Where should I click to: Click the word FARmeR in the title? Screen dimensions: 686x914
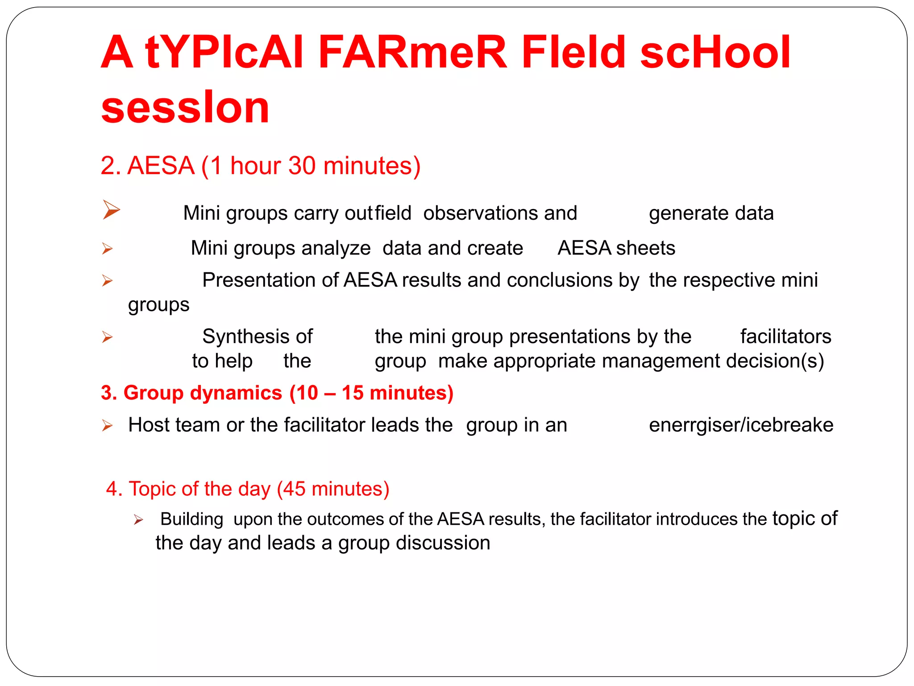(412, 53)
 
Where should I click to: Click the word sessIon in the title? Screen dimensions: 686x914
(185, 108)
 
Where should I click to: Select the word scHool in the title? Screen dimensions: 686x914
(715, 53)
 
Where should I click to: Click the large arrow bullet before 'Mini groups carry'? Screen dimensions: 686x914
(111, 209)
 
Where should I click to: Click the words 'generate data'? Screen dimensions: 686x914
(711, 213)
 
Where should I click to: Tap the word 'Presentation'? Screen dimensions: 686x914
(259, 280)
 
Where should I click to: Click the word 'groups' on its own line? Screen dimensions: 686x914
(158, 305)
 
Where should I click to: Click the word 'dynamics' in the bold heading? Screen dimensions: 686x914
(236, 393)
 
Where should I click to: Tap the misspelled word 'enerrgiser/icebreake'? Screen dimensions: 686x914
(741, 425)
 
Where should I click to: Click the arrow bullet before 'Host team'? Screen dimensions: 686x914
(107, 425)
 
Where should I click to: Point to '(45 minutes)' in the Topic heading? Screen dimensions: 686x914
(333, 489)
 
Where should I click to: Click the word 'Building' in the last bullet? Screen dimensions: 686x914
(191, 519)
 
